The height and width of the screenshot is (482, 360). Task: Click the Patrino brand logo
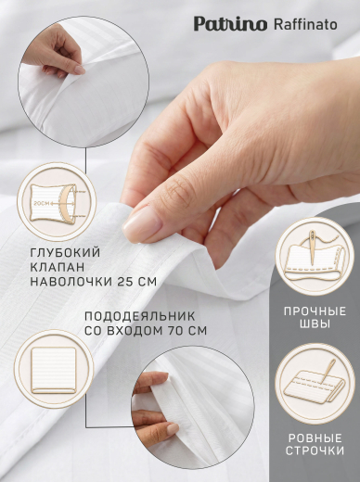[230, 24]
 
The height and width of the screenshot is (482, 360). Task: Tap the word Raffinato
[305, 24]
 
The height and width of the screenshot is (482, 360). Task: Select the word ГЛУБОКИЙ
[65, 252]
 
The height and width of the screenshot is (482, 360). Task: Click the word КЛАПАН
[57, 267]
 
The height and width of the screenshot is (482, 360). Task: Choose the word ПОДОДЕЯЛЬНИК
[140, 316]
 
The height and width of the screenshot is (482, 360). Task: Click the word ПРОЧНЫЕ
[315, 311]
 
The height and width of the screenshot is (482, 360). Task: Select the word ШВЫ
[315, 324]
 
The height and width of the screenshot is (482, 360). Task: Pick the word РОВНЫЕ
[315, 438]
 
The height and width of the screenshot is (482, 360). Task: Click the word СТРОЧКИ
[315, 450]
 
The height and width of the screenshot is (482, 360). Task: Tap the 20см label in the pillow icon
[40, 204]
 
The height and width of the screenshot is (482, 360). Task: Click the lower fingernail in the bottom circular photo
[173, 428]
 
